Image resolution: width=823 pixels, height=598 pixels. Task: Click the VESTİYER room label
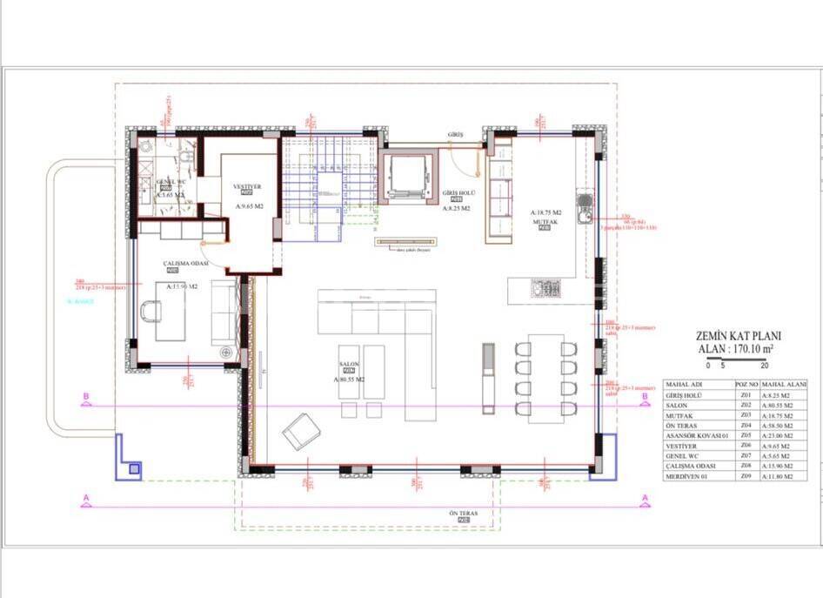(x=247, y=186)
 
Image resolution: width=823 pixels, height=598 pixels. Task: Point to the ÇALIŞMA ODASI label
(x=185, y=263)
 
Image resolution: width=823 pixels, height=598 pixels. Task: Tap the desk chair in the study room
(x=151, y=310)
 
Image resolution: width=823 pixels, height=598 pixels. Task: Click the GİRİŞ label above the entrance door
(x=456, y=135)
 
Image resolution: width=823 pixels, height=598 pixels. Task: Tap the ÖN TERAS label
(x=463, y=514)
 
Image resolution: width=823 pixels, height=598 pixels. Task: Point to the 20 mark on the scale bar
(x=764, y=366)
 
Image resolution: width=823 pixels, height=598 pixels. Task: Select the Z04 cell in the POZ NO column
(x=745, y=426)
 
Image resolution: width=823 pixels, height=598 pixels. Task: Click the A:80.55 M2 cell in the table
(x=784, y=405)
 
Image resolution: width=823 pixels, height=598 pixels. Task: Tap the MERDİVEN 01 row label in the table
(x=688, y=475)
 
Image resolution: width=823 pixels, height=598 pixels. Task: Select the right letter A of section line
(x=645, y=498)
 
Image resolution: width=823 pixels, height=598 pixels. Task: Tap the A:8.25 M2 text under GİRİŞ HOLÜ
(x=456, y=209)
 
